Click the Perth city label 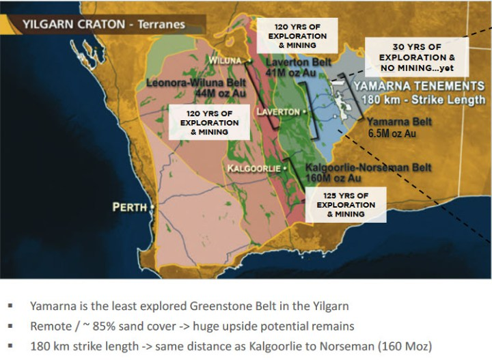[131, 206]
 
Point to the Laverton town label [278, 111]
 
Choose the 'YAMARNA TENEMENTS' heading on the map [418, 86]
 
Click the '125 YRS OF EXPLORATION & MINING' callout [346, 204]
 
